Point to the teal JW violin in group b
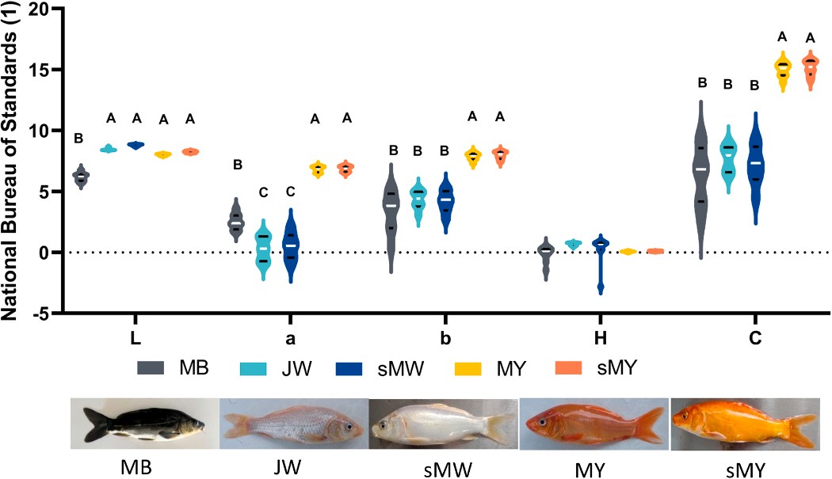pyautogui.click(x=418, y=198)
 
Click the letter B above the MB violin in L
pyautogui.click(x=78, y=139)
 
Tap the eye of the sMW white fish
pyautogui.click(x=384, y=425)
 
